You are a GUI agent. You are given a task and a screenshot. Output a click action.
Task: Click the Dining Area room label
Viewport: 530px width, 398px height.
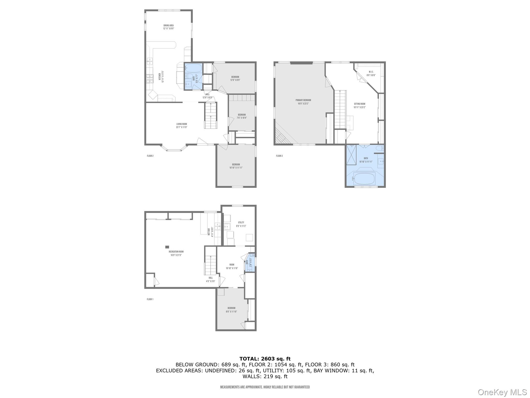pos(168,27)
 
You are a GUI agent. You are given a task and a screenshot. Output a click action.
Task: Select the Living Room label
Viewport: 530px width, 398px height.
pos(182,126)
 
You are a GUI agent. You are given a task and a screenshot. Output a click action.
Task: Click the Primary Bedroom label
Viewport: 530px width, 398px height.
pos(303,102)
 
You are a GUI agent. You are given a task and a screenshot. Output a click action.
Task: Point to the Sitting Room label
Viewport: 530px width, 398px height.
pos(359,105)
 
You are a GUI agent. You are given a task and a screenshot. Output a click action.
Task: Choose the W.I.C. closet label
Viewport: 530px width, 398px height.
pos(371,74)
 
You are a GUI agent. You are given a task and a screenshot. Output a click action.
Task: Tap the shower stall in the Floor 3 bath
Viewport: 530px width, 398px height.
pos(351,155)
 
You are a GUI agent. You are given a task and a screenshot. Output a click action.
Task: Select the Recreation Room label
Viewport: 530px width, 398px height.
pos(176,253)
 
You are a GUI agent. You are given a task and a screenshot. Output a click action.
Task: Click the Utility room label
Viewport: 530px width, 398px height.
pos(241,224)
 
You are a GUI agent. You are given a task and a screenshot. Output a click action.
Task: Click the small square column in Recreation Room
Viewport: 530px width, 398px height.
pos(167,247)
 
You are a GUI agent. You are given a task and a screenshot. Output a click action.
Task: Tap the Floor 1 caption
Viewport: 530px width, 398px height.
pos(150,299)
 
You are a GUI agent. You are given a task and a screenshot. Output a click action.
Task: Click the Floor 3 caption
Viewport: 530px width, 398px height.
pos(279,156)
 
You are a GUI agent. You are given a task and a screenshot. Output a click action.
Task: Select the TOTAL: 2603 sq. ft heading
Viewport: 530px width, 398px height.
pos(265,359)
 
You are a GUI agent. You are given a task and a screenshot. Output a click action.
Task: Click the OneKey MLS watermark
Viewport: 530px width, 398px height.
pos(502,392)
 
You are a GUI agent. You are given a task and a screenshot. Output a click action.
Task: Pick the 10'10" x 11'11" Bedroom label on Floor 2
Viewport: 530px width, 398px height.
pos(236,166)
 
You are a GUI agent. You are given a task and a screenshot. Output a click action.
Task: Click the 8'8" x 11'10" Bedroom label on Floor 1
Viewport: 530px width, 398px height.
pos(231,310)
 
